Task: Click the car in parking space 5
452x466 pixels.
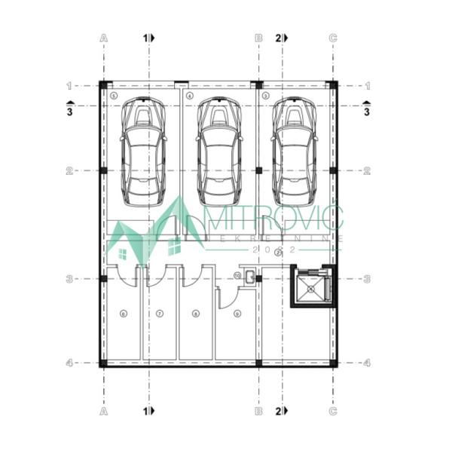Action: (145, 152)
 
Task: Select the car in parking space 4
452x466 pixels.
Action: (219, 152)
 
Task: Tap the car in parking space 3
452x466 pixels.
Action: (294, 152)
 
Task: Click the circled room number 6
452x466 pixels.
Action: (123, 313)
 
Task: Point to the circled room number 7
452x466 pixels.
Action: (160, 313)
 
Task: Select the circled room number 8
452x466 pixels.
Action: (196, 313)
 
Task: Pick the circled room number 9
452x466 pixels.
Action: (237, 313)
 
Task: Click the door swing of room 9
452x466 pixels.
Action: (224, 299)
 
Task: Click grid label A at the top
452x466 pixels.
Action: (103, 37)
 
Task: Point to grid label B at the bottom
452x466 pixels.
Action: (258, 411)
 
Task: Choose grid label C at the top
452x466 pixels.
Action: (333, 37)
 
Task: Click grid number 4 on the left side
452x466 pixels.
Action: (69, 363)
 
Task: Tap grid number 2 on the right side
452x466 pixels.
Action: (367, 171)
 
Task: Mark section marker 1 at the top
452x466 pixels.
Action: (149, 37)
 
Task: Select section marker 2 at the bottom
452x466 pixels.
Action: (281, 411)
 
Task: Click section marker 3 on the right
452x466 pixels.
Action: (367, 109)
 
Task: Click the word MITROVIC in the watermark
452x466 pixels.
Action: (274, 219)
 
